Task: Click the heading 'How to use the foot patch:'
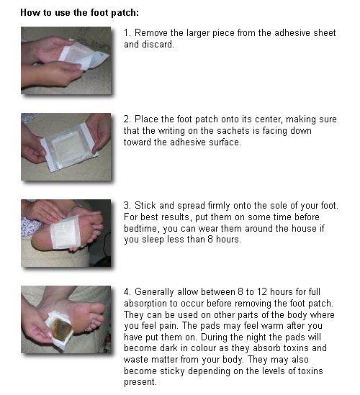pyautogui.click(x=79, y=13)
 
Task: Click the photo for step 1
pyautogui.click(x=66, y=60)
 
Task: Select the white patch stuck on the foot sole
pyautogui.click(x=67, y=232)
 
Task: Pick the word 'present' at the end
pyautogui.click(x=140, y=382)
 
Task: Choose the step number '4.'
pyautogui.click(x=127, y=292)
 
